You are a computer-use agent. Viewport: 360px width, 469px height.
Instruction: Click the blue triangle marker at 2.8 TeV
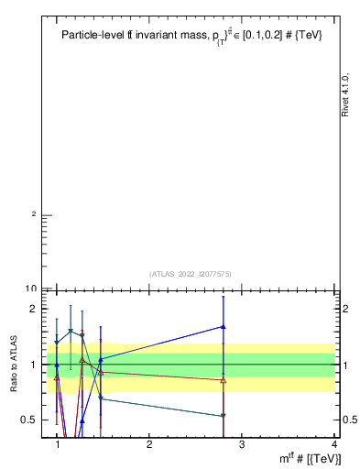224,326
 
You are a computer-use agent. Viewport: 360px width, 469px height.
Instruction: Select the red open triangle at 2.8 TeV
224,379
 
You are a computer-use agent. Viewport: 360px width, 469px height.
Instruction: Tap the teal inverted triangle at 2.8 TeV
224,416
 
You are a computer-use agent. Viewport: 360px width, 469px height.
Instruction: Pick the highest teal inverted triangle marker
71,331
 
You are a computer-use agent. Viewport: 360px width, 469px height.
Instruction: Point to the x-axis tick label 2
149,445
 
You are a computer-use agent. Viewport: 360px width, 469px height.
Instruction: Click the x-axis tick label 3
241,445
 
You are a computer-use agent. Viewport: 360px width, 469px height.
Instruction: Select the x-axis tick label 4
333,445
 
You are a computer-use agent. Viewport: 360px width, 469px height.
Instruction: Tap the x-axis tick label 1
58,445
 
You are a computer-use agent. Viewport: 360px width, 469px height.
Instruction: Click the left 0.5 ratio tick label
33,420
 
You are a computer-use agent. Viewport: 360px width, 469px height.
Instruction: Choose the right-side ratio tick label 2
346,309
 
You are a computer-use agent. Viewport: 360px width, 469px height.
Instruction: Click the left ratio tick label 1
36,365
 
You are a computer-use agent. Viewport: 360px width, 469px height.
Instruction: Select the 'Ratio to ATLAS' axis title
15,364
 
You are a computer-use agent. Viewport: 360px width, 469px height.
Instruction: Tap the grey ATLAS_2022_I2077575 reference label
191,273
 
